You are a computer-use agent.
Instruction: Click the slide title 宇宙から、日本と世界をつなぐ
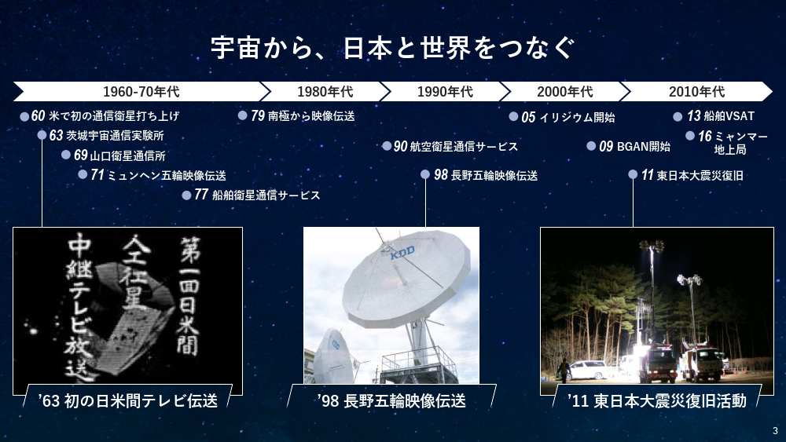[392, 48]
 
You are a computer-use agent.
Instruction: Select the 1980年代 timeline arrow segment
[325, 92]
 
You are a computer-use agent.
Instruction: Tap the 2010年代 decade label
[696, 92]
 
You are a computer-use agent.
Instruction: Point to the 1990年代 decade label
[445, 92]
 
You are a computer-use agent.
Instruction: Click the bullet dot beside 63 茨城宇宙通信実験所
[42, 135]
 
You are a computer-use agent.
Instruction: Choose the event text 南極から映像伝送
[311, 116]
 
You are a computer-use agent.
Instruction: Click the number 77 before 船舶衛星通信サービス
[201, 194]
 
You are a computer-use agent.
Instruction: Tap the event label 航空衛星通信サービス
[464, 147]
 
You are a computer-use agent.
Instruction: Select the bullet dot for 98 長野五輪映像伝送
[425, 174]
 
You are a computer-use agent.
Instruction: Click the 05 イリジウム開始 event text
[568, 117]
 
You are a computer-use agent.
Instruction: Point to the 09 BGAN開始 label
[634, 146]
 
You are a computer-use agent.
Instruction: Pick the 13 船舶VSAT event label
[720, 116]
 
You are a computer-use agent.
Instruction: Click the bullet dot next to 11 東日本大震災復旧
[633, 174]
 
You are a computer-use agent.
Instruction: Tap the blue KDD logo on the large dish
[402, 252]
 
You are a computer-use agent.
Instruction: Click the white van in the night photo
[586, 370]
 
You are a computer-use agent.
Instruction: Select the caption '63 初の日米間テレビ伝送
[128, 400]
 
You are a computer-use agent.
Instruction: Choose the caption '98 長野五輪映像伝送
[391, 400]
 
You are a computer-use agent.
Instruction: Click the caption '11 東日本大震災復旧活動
[656, 400]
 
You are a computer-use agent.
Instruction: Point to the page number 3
[776, 430]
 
